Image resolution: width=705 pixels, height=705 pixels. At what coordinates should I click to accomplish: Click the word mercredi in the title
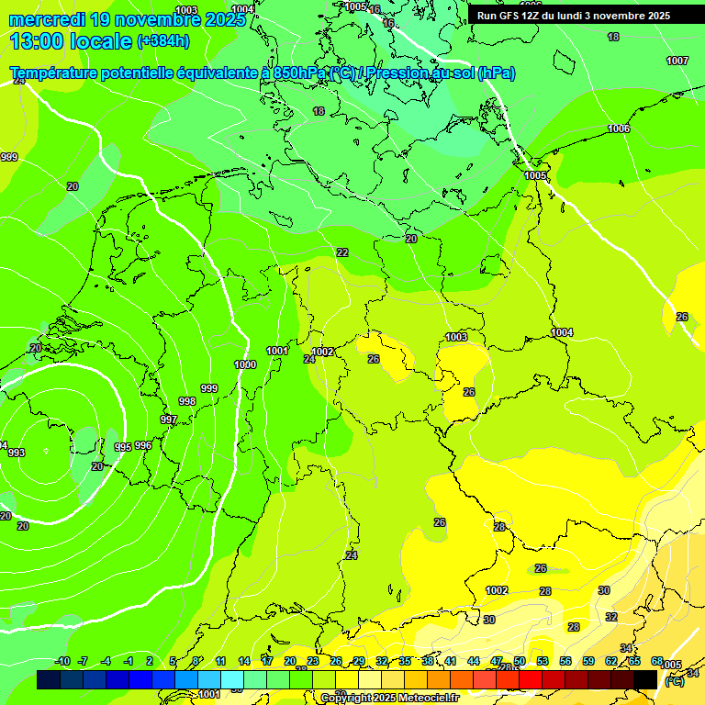pyautogui.click(x=47, y=19)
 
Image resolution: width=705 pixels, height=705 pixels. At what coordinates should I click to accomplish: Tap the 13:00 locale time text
pyautogui.click(x=71, y=41)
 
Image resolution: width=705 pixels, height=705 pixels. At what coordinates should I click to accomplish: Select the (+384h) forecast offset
pyautogui.click(x=163, y=41)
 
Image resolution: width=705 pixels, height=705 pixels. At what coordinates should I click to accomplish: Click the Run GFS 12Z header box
pyautogui.click(x=573, y=16)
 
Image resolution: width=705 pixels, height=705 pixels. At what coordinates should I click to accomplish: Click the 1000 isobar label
pyautogui.click(x=245, y=364)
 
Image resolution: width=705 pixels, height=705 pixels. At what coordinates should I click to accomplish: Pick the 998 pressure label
pyautogui.click(x=187, y=401)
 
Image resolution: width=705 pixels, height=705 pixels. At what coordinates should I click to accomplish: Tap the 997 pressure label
pyautogui.click(x=169, y=420)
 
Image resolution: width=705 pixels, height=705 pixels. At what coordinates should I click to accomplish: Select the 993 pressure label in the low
pyautogui.click(x=17, y=453)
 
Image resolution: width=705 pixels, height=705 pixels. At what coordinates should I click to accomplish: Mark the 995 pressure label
pyautogui.click(x=122, y=447)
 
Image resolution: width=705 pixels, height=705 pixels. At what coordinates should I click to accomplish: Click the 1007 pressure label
pyautogui.click(x=677, y=61)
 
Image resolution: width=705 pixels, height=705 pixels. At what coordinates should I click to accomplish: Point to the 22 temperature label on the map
pyautogui.click(x=342, y=252)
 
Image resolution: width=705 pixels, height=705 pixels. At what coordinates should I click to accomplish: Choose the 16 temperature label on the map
pyautogui.click(x=388, y=23)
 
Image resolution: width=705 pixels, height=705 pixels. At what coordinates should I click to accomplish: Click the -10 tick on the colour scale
pyautogui.click(x=62, y=662)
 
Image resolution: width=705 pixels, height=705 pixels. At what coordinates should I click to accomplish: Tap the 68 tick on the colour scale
pyautogui.click(x=657, y=662)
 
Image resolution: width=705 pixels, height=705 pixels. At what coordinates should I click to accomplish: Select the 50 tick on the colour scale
pyautogui.click(x=520, y=662)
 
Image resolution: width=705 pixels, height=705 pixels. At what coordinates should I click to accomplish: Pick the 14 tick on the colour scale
pyautogui.click(x=244, y=662)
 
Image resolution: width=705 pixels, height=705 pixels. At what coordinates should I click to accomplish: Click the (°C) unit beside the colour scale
pyautogui.click(x=675, y=681)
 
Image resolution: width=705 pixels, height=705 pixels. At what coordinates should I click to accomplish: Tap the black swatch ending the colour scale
pyautogui.click(x=645, y=679)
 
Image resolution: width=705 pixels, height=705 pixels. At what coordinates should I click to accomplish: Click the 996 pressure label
pyautogui.click(x=143, y=445)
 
